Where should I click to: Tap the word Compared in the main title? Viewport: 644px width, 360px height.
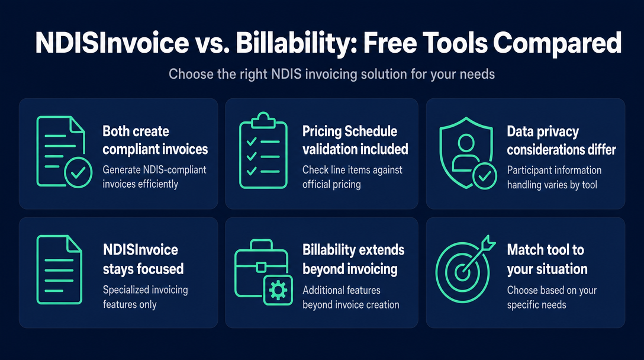tap(558, 43)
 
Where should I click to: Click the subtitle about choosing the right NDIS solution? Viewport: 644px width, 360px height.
tap(331, 75)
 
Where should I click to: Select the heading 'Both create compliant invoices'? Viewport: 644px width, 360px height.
tap(155, 140)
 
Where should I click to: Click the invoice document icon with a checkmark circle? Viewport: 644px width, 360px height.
tap(64, 152)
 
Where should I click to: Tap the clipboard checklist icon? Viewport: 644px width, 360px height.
tap(263, 150)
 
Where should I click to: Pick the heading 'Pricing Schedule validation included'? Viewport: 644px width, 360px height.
tap(355, 140)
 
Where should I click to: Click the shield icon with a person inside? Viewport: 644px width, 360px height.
tap(467, 152)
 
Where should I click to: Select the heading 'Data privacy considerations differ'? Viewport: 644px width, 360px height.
tap(562, 140)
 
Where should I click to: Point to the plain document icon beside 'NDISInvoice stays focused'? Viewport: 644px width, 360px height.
tap(59, 269)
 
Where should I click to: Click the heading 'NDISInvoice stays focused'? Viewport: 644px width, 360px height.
tap(143, 259)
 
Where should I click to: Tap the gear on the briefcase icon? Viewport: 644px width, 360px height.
tap(278, 291)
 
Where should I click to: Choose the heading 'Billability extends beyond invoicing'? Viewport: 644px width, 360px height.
tap(353, 259)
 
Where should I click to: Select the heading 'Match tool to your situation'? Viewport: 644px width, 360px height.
tap(547, 259)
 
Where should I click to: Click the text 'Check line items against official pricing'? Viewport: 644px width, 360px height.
tap(352, 177)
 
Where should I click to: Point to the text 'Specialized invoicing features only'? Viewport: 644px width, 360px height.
tap(145, 297)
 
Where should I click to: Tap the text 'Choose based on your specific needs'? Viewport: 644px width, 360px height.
tap(552, 297)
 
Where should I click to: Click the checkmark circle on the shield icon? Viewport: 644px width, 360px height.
tap(485, 176)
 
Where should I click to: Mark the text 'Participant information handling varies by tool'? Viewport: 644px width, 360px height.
tap(554, 178)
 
